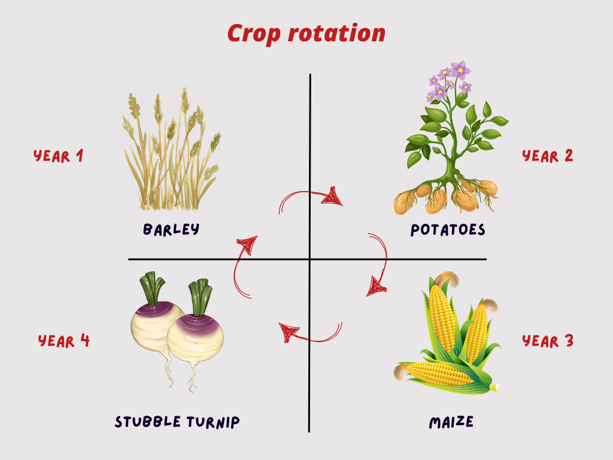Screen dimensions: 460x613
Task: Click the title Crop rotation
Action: pos(306,33)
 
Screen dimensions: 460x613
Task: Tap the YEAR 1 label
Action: pos(58,156)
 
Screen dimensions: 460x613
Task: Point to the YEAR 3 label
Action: pos(548,341)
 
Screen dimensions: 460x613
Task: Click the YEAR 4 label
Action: pos(64,341)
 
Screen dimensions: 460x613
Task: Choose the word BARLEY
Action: pos(171,229)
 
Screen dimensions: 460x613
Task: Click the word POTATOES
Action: pos(448,230)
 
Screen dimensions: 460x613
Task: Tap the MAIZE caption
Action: pos(451,422)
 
